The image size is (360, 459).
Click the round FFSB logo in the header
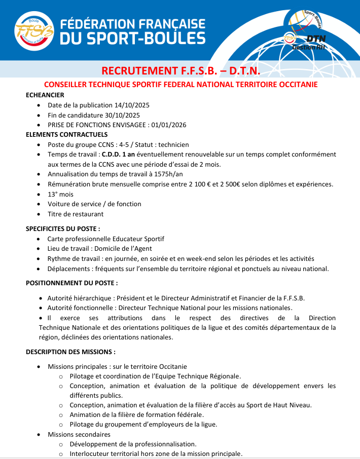pos(33,31)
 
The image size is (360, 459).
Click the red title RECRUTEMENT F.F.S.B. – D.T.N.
pos(181,70)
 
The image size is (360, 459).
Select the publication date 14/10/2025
pos(132,105)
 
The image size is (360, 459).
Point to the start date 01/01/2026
pos(168,125)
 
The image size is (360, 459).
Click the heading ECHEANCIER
pos(45,95)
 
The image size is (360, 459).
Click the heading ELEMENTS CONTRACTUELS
pos(66,134)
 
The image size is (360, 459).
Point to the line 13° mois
pos(61,194)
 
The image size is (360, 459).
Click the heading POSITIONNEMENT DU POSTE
pos(71,282)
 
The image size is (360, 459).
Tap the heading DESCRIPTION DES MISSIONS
pos(70,352)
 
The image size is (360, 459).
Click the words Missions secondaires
pos(79,434)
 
